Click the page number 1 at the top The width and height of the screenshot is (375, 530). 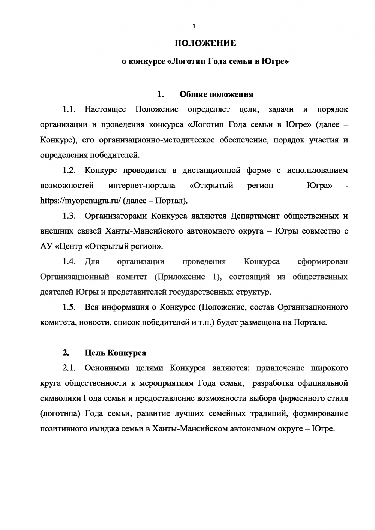pyautogui.click(x=193, y=26)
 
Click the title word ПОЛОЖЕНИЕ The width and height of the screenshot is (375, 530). pyautogui.click(x=205, y=43)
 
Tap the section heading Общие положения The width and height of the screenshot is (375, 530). pyautogui.click(x=216, y=94)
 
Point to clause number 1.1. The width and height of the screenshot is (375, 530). pyautogui.click(x=69, y=109)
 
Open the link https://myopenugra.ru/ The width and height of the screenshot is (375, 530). pyautogui.click(x=80, y=201)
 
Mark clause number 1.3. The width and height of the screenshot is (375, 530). pyautogui.click(x=69, y=216)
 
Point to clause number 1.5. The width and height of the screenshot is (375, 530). pyautogui.click(x=69, y=307)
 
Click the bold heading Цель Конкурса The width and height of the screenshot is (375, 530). pyautogui.click(x=115, y=353)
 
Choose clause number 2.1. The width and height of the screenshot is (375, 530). pyautogui.click(x=69, y=368)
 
